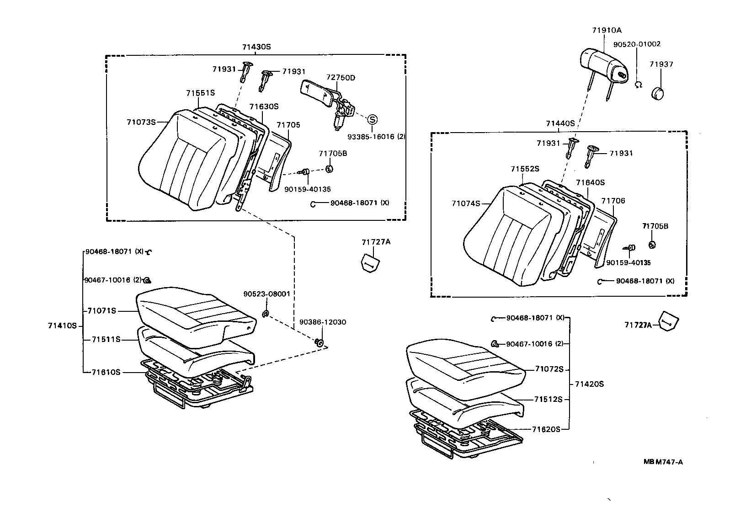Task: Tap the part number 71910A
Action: pyautogui.click(x=607, y=30)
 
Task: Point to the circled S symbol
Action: pyautogui.click(x=373, y=119)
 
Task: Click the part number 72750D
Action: pyautogui.click(x=341, y=78)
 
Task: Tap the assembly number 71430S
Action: pyautogui.click(x=256, y=47)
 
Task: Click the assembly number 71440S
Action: pyautogui.click(x=560, y=123)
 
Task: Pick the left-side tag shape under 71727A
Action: pyautogui.click(x=369, y=263)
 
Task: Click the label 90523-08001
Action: pyautogui.click(x=266, y=294)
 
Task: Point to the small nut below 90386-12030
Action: pyautogui.click(x=320, y=342)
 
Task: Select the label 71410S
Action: pyautogui.click(x=62, y=326)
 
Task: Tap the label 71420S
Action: pyautogui.click(x=589, y=384)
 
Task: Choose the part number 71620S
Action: pyautogui.click(x=546, y=429)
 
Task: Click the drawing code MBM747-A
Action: pyautogui.click(x=663, y=462)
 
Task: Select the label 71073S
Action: pyautogui.click(x=141, y=122)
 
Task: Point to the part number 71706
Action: pyautogui.click(x=613, y=201)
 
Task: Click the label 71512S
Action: pyautogui.click(x=548, y=399)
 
